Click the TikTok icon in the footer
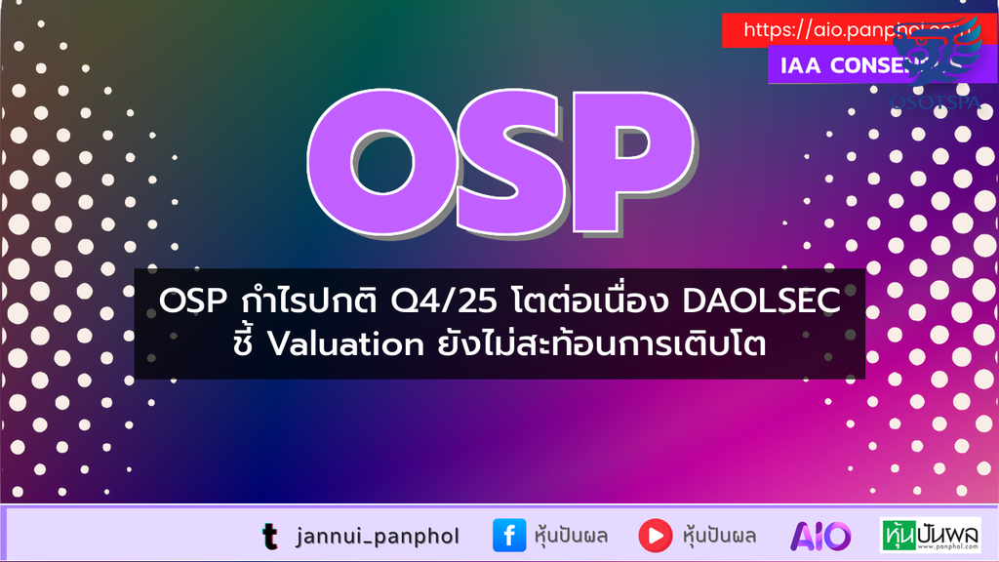point(269,536)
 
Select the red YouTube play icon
point(655,536)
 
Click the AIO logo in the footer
point(820,536)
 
